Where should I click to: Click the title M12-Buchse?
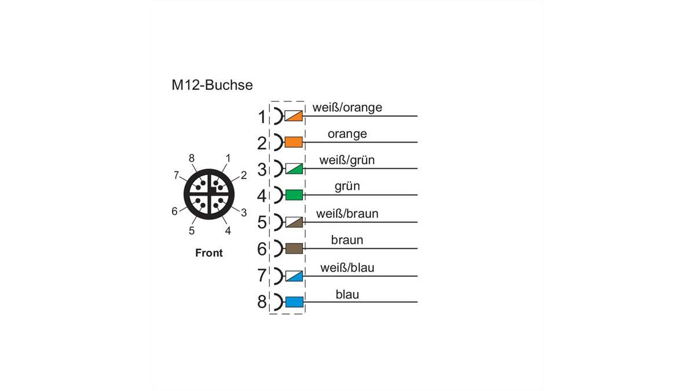click(212, 85)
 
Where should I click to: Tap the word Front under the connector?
click(209, 253)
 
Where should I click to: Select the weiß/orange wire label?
click(347, 107)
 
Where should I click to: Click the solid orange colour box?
click(294, 142)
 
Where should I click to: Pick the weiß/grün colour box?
click(294, 169)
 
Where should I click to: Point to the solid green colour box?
click(294, 195)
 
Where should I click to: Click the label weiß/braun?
click(347, 214)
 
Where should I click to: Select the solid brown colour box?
click(294, 249)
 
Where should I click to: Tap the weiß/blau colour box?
click(294, 276)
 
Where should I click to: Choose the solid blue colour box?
click(294, 302)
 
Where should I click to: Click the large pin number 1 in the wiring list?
click(262, 117)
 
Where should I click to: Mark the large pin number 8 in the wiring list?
click(262, 302)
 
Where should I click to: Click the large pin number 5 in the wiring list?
click(262, 222)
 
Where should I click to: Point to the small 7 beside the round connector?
click(176, 176)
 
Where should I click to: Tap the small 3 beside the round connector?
click(244, 213)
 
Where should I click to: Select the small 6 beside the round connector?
click(174, 211)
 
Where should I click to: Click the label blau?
click(347, 294)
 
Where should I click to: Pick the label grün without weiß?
click(347, 186)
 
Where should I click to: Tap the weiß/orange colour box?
click(294, 116)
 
